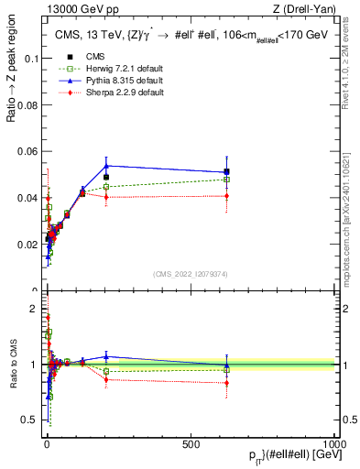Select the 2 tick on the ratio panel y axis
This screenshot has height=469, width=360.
[35, 309]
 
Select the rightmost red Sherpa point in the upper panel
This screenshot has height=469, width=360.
[225, 196]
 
